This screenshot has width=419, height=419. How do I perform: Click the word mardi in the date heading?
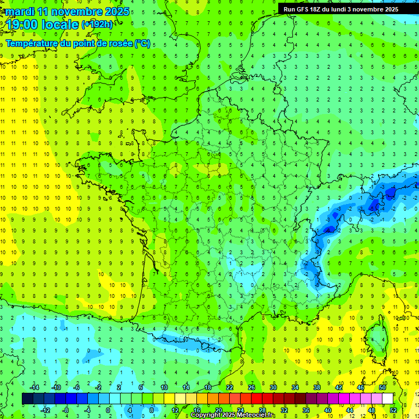[19, 11]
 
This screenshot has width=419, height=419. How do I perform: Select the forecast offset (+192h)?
[97, 25]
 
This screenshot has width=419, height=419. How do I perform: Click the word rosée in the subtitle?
[119, 43]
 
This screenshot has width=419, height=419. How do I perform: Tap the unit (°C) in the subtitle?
[142, 43]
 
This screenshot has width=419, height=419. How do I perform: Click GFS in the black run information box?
[303, 9]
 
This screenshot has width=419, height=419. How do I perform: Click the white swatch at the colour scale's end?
[387, 399]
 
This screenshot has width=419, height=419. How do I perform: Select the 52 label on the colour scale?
[393, 410]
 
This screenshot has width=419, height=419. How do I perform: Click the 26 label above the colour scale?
[252, 387]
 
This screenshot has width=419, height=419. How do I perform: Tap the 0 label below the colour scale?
[107, 410]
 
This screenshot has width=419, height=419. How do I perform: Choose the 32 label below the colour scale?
[284, 410]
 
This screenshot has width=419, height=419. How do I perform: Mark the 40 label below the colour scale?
[328, 410]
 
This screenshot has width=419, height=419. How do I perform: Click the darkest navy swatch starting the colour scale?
[27, 399]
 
